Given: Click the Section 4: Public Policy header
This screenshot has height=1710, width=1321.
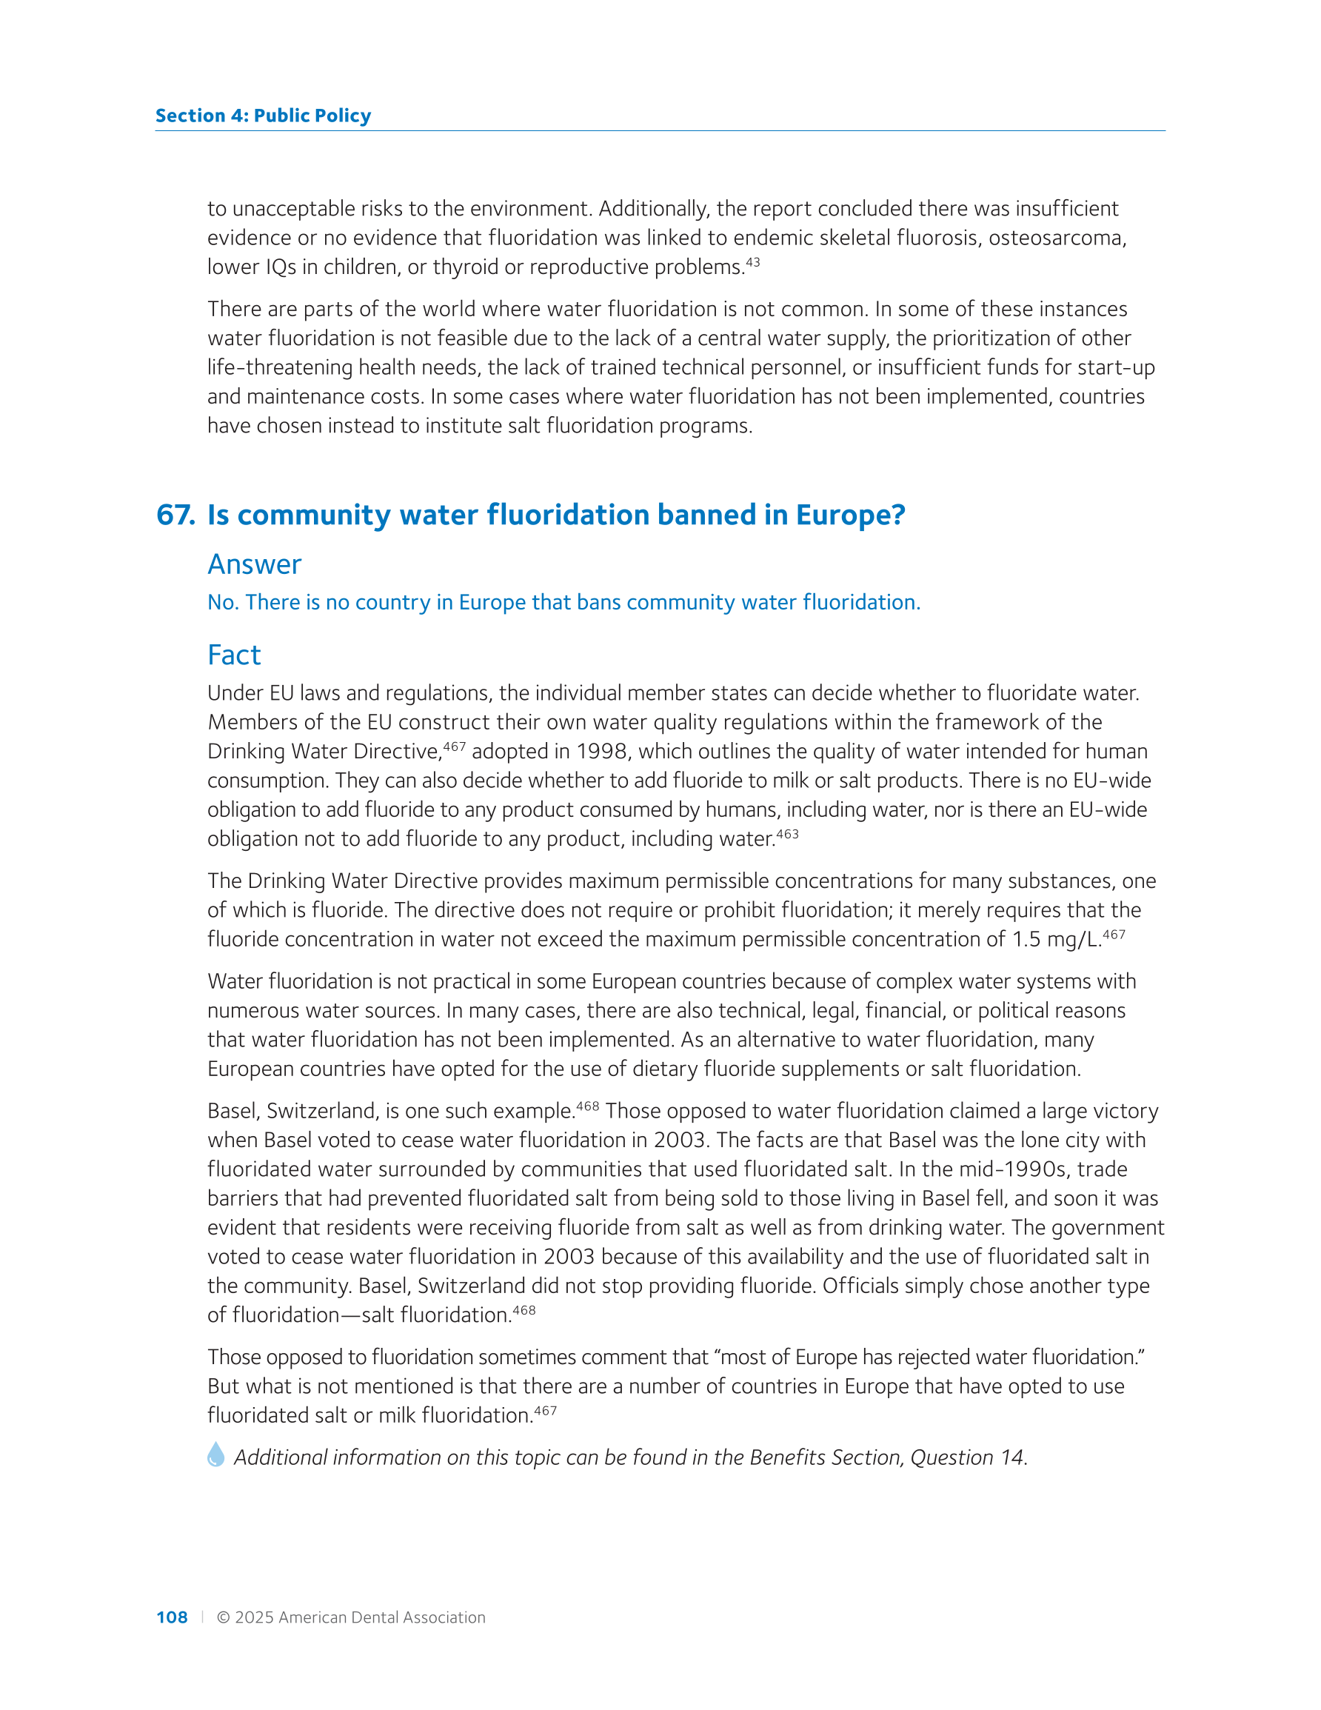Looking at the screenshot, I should tap(263, 116).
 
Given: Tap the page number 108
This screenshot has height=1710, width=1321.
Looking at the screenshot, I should tap(172, 1617).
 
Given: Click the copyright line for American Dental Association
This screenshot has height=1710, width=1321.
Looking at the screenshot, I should tap(351, 1617).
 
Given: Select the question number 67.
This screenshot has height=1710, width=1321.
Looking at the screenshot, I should tap(175, 515).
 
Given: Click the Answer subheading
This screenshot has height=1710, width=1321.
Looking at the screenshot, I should tap(255, 564).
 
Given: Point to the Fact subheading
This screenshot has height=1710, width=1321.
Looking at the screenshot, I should tap(234, 655).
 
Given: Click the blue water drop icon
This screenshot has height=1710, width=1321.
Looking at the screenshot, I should tap(216, 1454).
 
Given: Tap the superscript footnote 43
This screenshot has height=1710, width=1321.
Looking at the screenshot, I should tap(752, 262).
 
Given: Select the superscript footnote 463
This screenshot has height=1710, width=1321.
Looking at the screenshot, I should tap(787, 834).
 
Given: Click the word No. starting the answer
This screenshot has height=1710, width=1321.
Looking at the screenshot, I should tap(222, 602).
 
